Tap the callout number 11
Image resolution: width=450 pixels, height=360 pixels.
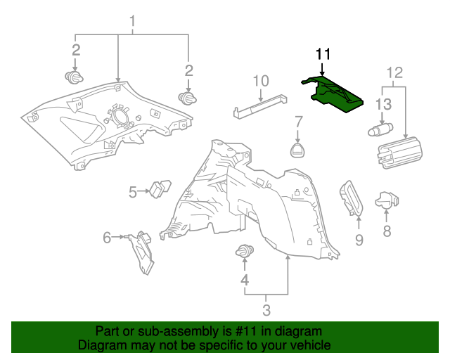[x=322, y=54]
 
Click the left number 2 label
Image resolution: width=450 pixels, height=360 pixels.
[x=75, y=50]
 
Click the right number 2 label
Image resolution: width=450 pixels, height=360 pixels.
[x=188, y=70]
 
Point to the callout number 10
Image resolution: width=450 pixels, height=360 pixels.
[x=261, y=80]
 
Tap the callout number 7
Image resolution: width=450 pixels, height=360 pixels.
[x=298, y=120]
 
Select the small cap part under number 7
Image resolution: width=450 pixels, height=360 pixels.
[x=298, y=149]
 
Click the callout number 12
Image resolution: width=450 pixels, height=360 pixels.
[x=394, y=72]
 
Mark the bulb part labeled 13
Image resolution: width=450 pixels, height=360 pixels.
[x=382, y=129]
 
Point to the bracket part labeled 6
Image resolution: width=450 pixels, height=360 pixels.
[x=143, y=250]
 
